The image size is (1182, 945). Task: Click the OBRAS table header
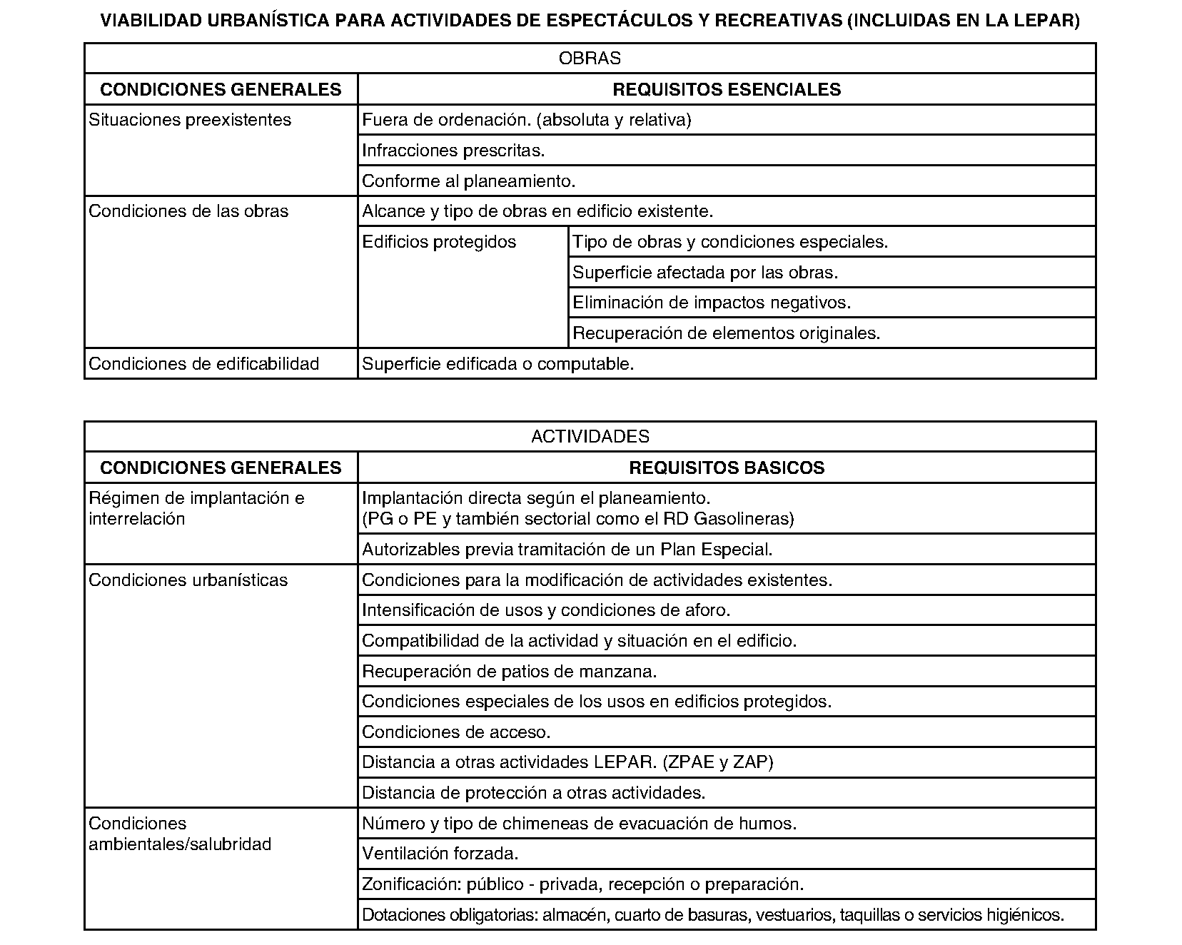coord(590,59)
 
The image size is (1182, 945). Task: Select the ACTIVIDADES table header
coord(590,436)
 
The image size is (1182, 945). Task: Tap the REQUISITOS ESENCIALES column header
coord(727,89)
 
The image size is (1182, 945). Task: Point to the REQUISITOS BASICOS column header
coord(727,468)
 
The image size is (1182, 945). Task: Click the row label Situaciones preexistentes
coord(190,120)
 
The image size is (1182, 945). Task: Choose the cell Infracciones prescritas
coord(453,151)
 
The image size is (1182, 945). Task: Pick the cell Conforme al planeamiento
coord(468,181)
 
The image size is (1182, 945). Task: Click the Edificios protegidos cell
coord(439,242)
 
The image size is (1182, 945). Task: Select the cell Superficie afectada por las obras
coord(705,273)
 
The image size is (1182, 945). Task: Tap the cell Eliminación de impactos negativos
coord(712,303)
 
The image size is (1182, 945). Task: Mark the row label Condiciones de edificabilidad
coord(203,364)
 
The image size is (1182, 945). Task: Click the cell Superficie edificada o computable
coord(497,364)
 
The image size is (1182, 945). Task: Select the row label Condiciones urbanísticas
coord(188,580)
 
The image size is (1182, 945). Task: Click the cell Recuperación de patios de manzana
coord(509,672)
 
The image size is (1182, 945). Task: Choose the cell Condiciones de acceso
coord(456,732)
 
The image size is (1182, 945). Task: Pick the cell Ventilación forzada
coord(440,854)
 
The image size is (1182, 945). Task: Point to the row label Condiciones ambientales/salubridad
coord(180,834)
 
